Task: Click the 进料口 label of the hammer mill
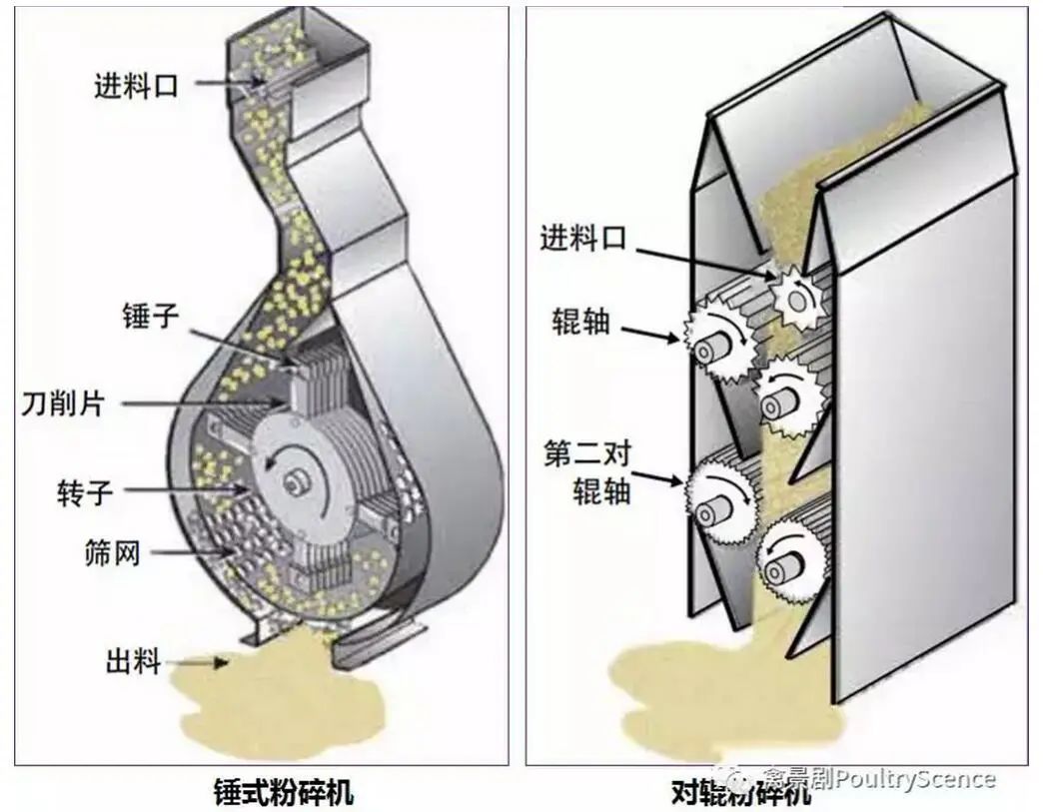click(136, 86)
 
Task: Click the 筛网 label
click(110, 550)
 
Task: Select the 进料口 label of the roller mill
click(581, 239)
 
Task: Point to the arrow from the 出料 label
click(199, 661)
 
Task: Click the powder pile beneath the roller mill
click(699, 679)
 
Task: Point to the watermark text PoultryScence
click(914, 778)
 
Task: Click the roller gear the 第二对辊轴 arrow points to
click(713, 509)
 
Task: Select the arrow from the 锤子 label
click(241, 344)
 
